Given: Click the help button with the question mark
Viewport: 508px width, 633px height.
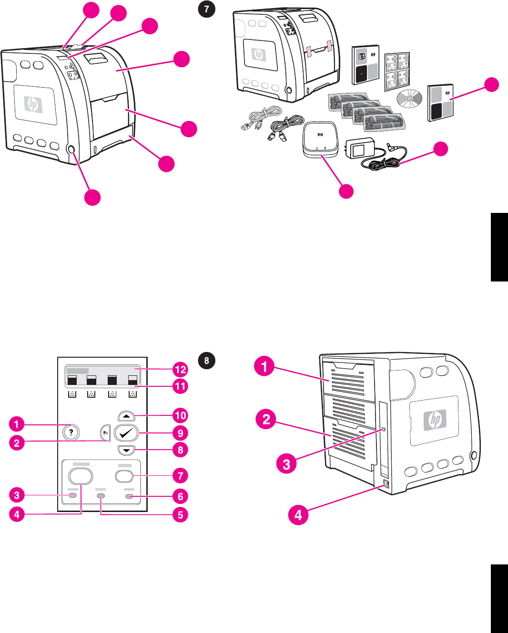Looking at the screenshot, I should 71,432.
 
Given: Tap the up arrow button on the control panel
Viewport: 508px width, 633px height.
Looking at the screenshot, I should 126,416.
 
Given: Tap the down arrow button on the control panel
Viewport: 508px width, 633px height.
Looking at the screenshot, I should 126,450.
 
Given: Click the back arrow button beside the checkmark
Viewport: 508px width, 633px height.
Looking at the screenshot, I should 105,433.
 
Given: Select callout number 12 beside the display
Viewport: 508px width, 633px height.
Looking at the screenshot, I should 180,370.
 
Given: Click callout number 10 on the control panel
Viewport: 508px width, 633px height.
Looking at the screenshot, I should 180,415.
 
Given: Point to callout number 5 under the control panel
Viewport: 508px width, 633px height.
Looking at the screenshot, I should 180,515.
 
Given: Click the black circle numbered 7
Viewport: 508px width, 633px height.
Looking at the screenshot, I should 206,9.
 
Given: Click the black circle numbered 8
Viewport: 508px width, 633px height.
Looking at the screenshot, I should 206,361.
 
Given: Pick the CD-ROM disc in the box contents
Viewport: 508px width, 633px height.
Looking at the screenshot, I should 409,99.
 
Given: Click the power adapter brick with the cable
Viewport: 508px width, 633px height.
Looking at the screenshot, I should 362,149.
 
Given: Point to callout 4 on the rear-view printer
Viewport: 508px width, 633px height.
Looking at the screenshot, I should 298,515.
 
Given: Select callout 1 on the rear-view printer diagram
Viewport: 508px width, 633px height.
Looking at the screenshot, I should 264,366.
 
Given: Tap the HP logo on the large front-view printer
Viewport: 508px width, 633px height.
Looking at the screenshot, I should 33,104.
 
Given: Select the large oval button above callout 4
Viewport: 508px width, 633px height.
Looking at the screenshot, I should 81,476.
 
